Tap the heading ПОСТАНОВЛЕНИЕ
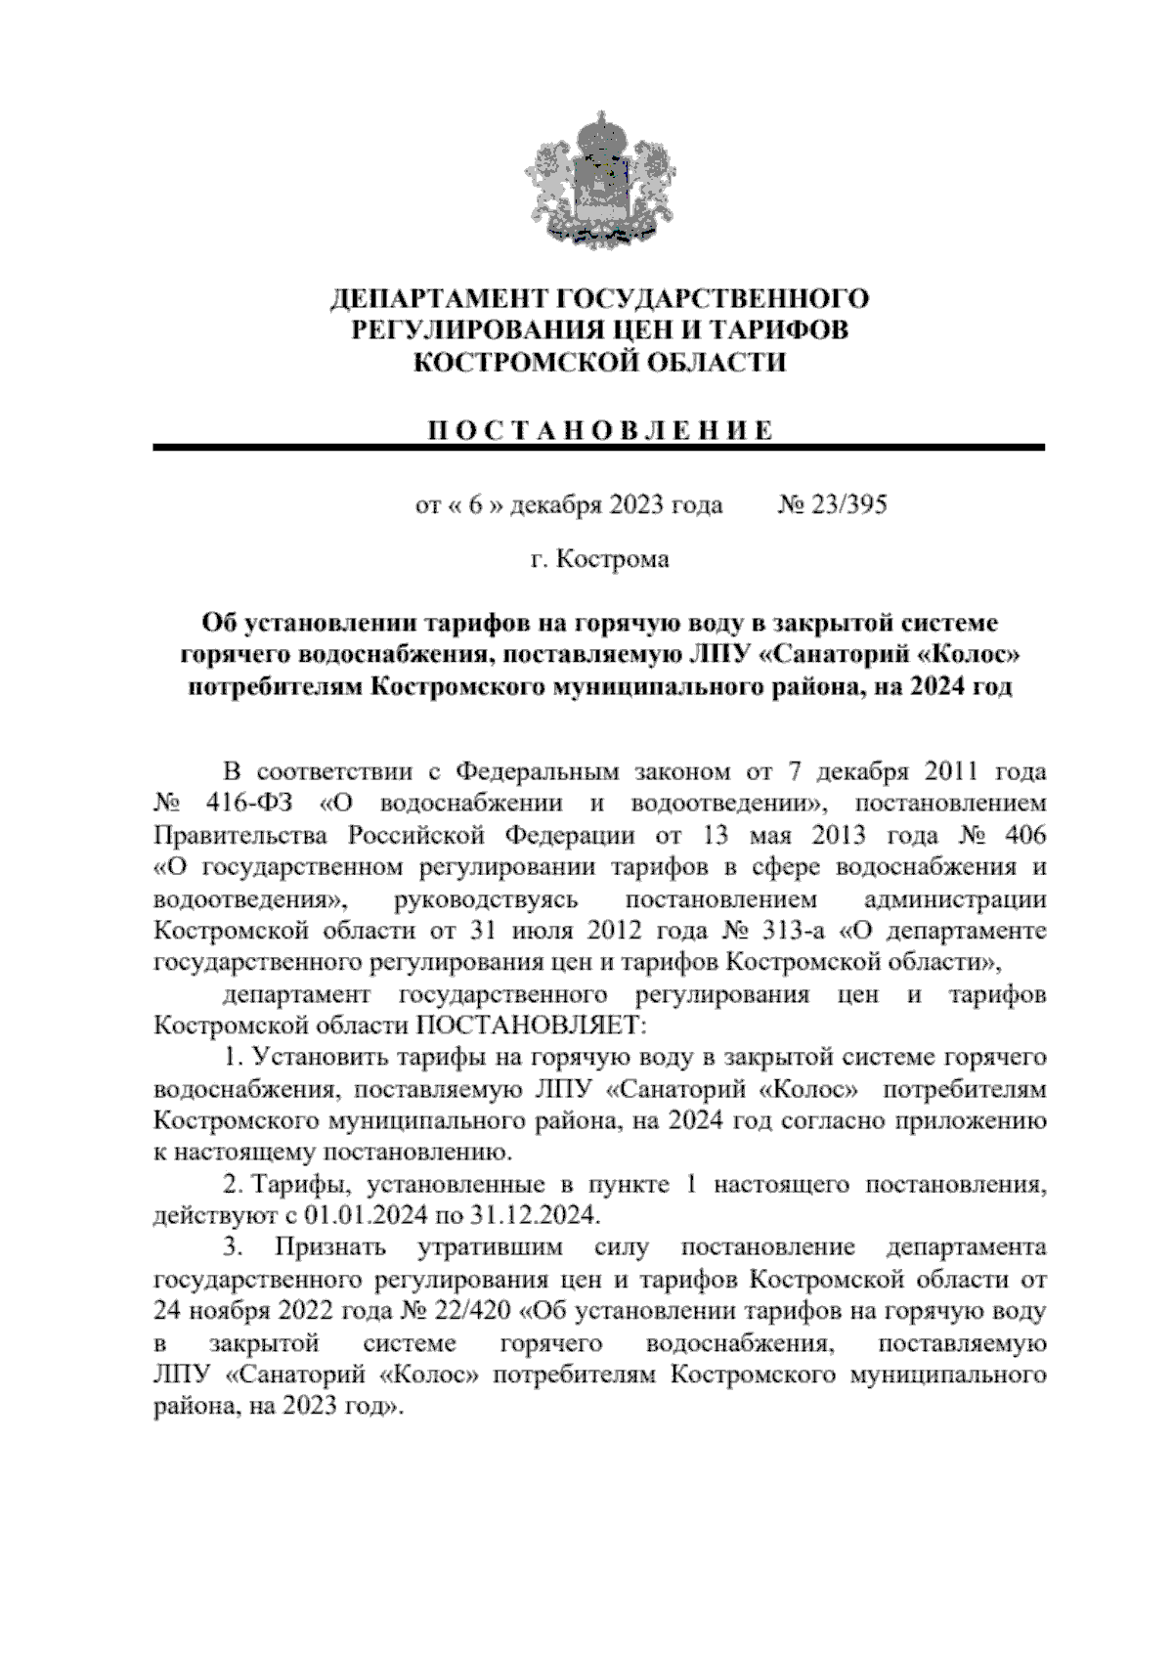[599, 431]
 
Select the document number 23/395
[846, 505]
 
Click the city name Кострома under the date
[613, 559]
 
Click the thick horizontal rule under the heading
[598, 448]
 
